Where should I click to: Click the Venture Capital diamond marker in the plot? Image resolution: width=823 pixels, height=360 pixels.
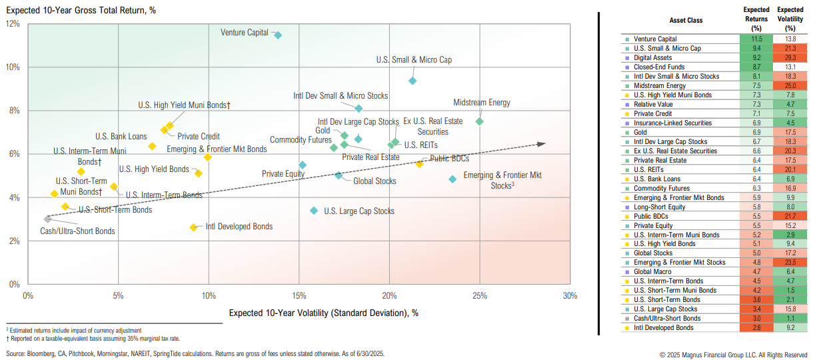pos(278,35)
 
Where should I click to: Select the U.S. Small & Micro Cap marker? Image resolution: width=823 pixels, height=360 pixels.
pos(412,81)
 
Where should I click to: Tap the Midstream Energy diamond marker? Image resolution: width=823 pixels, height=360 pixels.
pos(479,121)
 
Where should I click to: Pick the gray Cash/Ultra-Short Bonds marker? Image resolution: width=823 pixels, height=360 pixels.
pos(47,219)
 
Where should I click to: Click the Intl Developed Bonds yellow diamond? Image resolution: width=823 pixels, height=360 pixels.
pos(194,227)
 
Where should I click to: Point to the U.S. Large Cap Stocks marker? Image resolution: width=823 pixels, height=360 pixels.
pos(314,211)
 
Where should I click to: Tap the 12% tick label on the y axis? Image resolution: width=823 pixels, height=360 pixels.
pos(13,24)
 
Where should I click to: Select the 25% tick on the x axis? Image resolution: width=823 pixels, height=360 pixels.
pos(479,296)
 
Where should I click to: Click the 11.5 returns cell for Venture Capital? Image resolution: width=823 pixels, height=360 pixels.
pos(756,39)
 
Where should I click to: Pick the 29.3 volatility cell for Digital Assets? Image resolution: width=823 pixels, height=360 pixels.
pos(790,58)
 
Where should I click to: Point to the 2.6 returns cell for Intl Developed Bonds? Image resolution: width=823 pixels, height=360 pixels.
pos(756,328)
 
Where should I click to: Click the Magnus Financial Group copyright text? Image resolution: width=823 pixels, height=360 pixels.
pos(733,355)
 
